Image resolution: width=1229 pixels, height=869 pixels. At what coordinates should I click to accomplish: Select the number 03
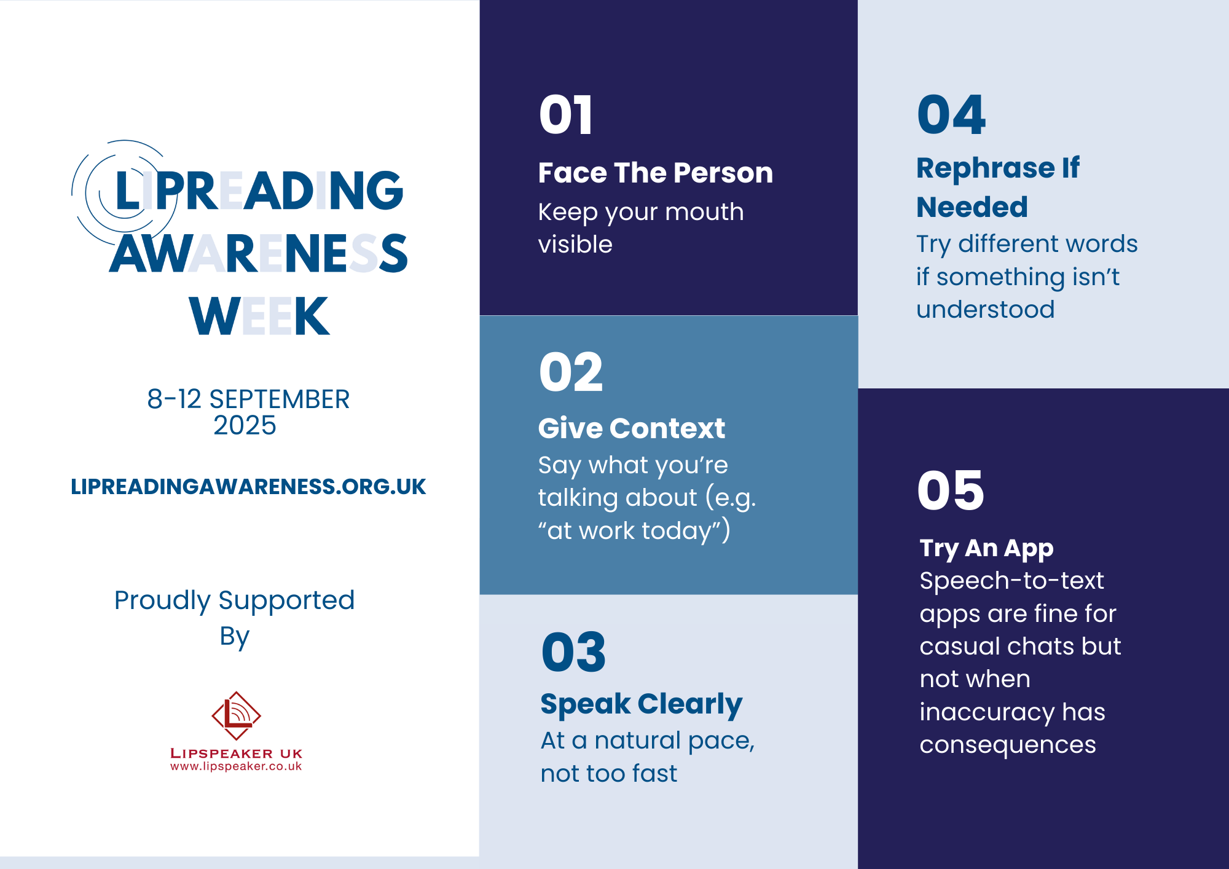[573, 652]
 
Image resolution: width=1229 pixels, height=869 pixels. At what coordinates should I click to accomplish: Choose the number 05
[951, 490]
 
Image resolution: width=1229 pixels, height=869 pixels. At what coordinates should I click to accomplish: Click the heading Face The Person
[656, 173]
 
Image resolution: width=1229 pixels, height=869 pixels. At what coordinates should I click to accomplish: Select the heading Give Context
[632, 428]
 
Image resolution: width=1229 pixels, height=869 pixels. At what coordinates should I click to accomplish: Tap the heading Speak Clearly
[642, 704]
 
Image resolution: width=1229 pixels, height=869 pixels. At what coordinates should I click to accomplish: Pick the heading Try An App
[986, 548]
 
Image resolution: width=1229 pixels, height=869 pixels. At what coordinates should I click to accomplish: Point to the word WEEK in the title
[259, 316]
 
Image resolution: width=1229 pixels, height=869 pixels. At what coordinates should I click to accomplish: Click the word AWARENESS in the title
[259, 253]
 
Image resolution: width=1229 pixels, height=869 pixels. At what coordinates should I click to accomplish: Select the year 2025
[245, 425]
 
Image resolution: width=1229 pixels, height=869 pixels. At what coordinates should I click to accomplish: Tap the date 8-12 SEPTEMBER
[248, 399]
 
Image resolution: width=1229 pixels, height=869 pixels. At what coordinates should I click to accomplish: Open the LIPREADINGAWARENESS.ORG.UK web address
[248, 487]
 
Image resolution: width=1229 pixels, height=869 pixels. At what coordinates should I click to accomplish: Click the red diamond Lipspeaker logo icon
[236, 715]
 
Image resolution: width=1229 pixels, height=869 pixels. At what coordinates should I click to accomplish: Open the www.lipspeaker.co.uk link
[236, 766]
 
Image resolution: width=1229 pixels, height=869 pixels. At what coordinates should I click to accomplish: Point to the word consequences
[1008, 744]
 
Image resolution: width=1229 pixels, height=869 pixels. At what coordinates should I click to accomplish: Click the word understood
[985, 309]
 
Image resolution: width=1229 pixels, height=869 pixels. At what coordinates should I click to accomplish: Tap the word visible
[575, 244]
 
